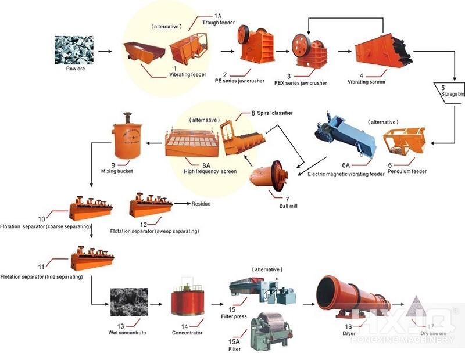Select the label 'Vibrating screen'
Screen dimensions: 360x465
coord(367,82)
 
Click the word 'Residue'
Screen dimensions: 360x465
coord(201,204)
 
